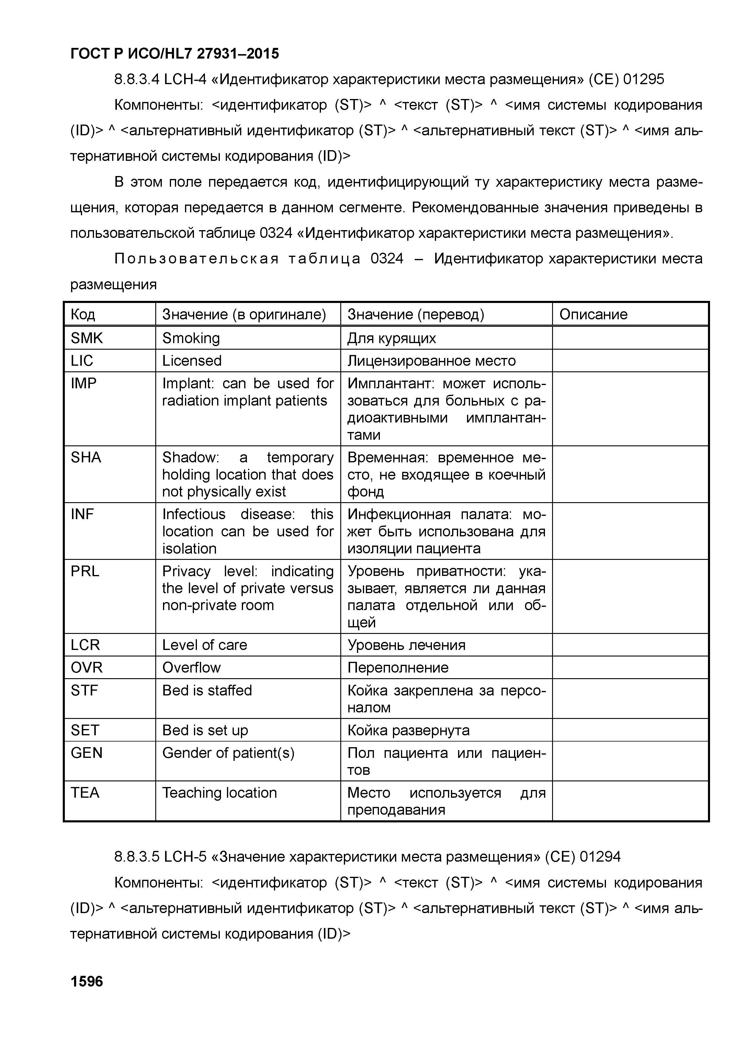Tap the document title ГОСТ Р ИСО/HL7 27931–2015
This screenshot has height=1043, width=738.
point(175,54)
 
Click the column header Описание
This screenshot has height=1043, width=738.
point(593,314)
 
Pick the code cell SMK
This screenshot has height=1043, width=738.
point(87,338)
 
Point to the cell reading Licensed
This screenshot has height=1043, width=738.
point(192,361)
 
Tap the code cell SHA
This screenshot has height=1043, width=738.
point(86,458)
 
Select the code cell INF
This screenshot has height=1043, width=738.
point(82,514)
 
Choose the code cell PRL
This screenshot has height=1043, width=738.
point(85,571)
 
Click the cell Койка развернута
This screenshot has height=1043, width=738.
point(408,731)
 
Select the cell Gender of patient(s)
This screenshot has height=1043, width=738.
point(228,753)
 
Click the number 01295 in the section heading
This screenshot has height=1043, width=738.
point(643,79)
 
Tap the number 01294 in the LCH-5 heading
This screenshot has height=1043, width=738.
point(600,857)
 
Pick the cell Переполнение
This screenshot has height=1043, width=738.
point(398,668)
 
